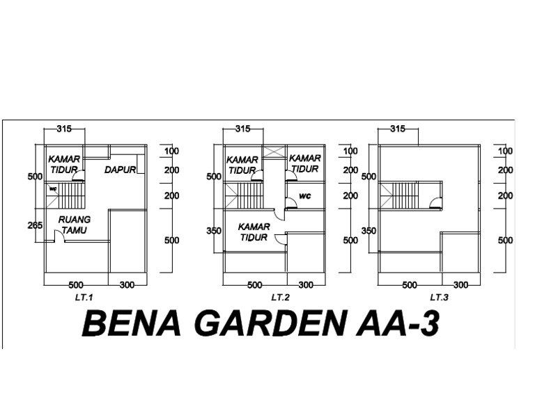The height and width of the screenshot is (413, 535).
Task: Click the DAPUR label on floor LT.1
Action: click(x=120, y=170)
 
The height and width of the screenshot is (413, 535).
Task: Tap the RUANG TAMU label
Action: click(x=74, y=225)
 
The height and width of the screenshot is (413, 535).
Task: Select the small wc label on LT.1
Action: click(x=53, y=188)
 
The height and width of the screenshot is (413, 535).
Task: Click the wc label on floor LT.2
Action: click(x=304, y=196)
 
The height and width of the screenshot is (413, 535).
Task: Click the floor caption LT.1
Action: click(x=84, y=297)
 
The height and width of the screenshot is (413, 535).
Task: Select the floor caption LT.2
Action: click(x=281, y=297)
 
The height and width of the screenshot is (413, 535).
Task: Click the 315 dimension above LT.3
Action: click(x=397, y=129)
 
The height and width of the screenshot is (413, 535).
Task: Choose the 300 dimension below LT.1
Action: click(x=127, y=285)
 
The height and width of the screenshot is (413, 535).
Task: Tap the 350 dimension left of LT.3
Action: click(x=369, y=231)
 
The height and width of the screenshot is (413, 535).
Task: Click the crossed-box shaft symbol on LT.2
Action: click(x=272, y=152)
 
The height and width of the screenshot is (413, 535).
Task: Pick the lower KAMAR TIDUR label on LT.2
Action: click(x=255, y=232)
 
